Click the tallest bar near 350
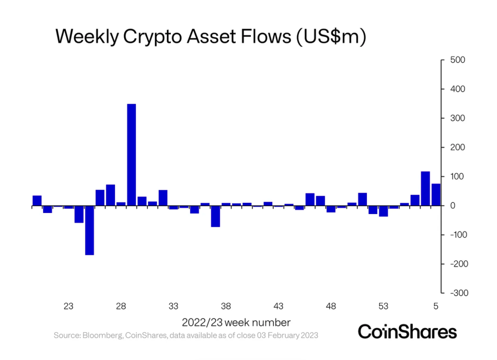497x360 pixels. (x=131, y=155)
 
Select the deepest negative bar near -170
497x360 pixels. (x=89, y=230)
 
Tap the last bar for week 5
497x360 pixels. (x=436, y=195)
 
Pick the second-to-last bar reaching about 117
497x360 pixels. (x=425, y=189)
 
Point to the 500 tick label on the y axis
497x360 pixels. (x=458, y=60)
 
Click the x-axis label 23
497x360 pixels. (x=68, y=306)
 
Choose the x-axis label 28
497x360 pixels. (x=121, y=306)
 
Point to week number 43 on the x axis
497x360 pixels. (x=278, y=306)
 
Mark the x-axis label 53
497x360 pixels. (x=383, y=306)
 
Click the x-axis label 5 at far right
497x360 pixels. (x=436, y=306)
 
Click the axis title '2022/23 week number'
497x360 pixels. (x=236, y=322)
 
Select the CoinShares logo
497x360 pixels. (x=407, y=332)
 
